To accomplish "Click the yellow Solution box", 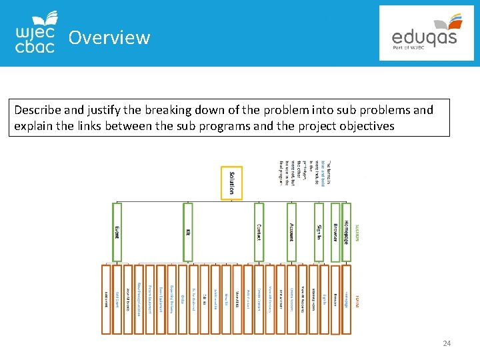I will (232, 182).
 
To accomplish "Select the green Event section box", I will (117, 231).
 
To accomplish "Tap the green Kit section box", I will (188, 231).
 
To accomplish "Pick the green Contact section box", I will (259, 231).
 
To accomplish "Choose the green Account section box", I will (291, 231).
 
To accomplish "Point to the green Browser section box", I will (335, 231).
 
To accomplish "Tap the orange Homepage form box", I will (346, 299).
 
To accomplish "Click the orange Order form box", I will (183, 299).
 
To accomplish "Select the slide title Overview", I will (109, 37).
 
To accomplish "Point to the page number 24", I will (447, 343).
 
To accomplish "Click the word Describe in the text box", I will (39, 109).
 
